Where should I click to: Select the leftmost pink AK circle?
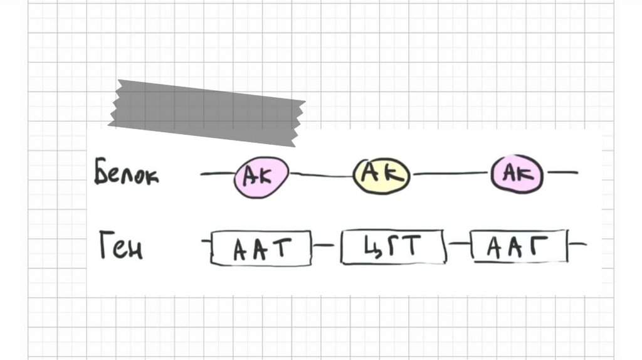261,177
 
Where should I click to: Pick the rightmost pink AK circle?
517,174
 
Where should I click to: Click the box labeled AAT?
261,249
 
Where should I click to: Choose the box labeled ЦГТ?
393,248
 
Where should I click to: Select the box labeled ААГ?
518,247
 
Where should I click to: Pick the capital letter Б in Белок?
102,171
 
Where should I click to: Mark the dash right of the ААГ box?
579,243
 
